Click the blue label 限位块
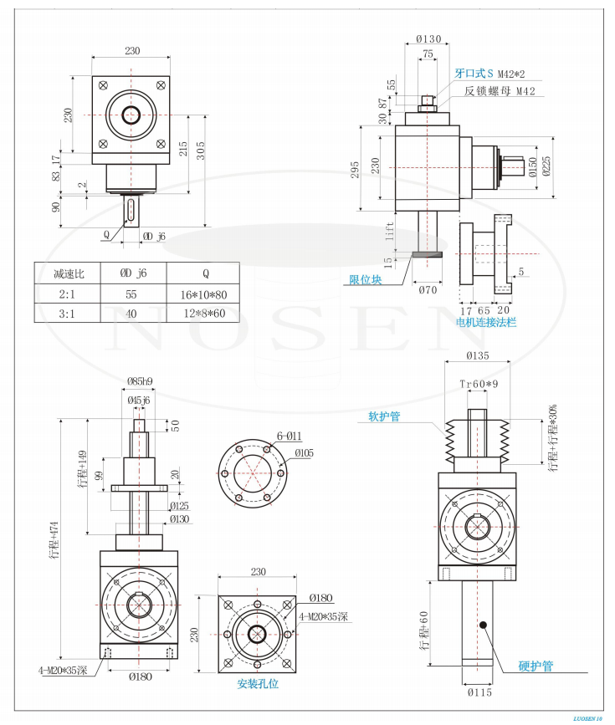pyautogui.click(x=365, y=279)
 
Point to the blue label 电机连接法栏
pyautogui.click(x=485, y=321)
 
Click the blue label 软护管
pyautogui.click(x=384, y=416)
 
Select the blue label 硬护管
pyautogui.click(x=536, y=666)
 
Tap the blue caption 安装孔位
pyautogui.click(x=258, y=683)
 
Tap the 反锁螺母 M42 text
pyautogui.click(x=500, y=91)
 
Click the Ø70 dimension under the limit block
pyautogui.click(x=428, y=290)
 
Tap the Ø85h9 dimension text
pyautogui.click(x=140, y=381)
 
